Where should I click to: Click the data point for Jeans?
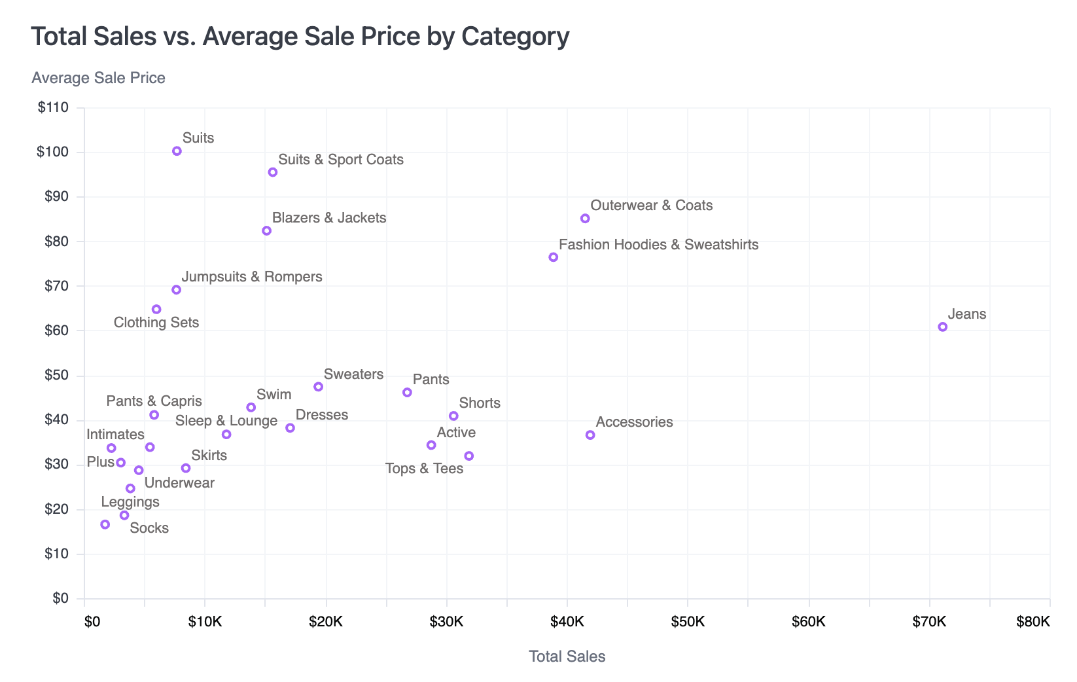click(942, 327)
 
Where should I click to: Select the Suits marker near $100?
click(177, 151)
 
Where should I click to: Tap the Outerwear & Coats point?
click(585, 219)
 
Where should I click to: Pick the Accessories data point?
click(590, 435)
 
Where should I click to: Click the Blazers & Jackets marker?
click(266, 231)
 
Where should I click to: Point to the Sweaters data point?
click(318, 387)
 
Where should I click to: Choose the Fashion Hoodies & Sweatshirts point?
click(554, 257)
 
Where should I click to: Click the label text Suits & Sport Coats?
click(340, 160)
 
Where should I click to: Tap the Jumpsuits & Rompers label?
click(251, 277)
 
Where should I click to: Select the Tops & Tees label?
click(424, 469)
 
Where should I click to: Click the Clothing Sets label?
click(156, 323)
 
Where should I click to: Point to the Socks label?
click(149, 528)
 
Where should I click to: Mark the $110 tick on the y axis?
click(53, 107)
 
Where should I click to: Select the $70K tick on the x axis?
click(929, 622)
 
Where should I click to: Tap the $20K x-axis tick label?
click(326, 622)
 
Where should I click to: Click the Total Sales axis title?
click(567, 656)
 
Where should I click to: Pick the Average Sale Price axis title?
click(98, 78)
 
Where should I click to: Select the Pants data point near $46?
click(407, 393)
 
